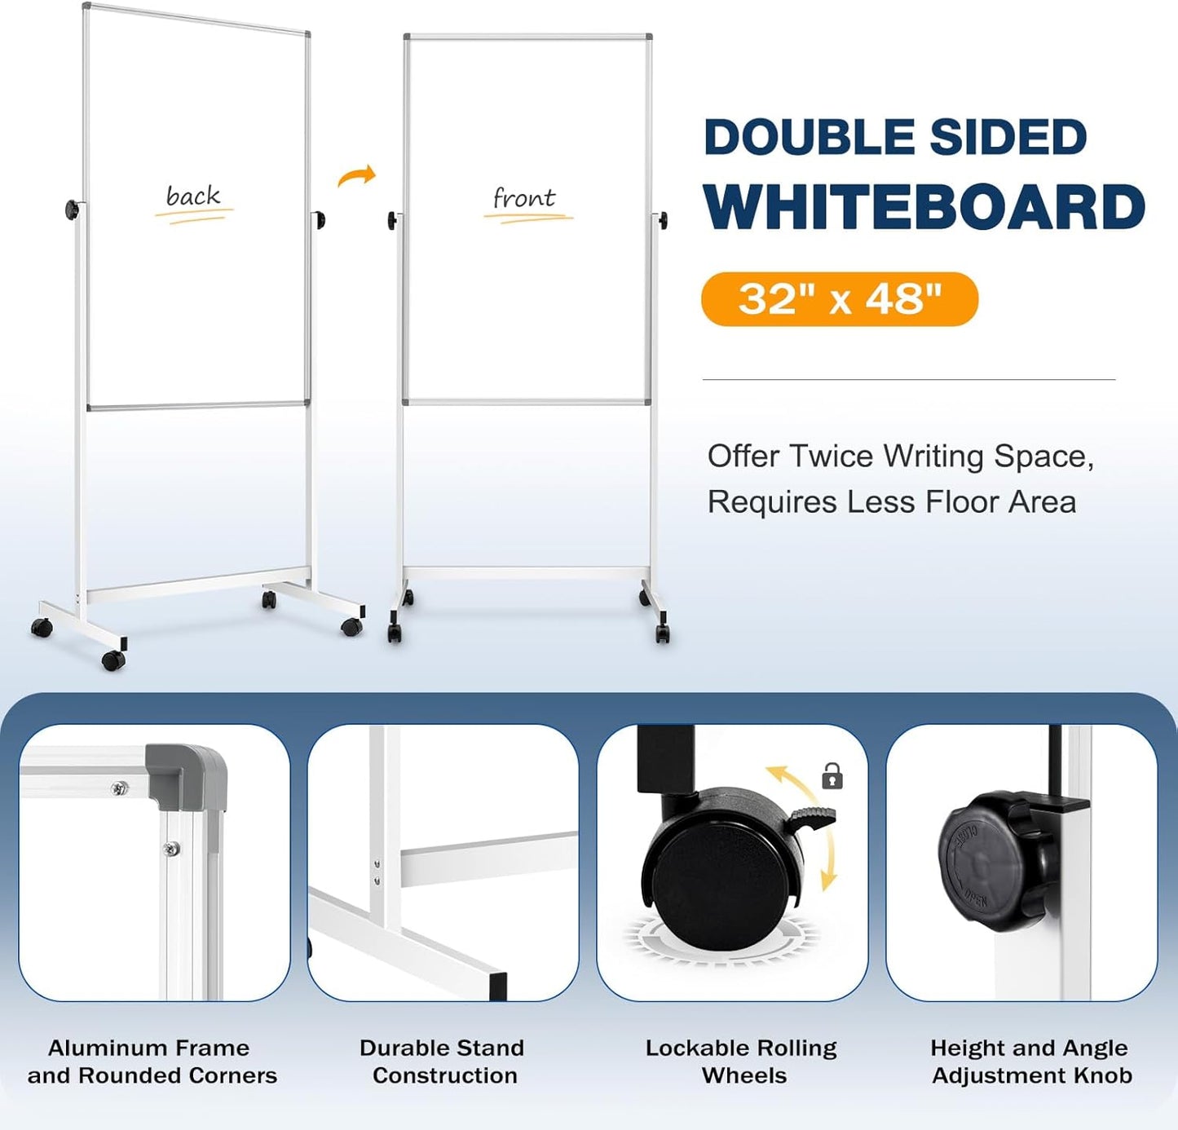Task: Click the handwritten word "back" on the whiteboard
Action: point(193,196)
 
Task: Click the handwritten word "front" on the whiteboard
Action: point(524,198)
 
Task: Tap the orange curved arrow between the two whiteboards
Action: point(357,176)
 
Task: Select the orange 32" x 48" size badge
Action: point(839,299)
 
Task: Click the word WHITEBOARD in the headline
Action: point(924,208)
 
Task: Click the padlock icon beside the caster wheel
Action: point(832,775)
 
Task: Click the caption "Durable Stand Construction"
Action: point(443,1062)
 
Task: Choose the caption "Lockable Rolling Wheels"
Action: point(742,1062)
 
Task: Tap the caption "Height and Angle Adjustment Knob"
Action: point(1030,1062)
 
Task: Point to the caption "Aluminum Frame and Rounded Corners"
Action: point(152,1062)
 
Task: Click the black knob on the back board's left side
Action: point(73,210)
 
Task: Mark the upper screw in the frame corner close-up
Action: point(120,788)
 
